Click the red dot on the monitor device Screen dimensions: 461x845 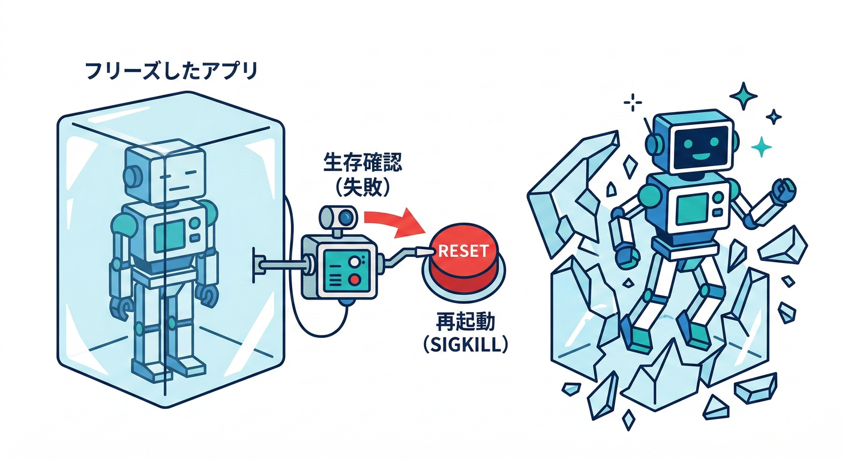(x=355, y=279)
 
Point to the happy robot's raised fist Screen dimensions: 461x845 (x=783, y=191)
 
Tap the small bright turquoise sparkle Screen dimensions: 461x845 (x=762, y=146)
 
